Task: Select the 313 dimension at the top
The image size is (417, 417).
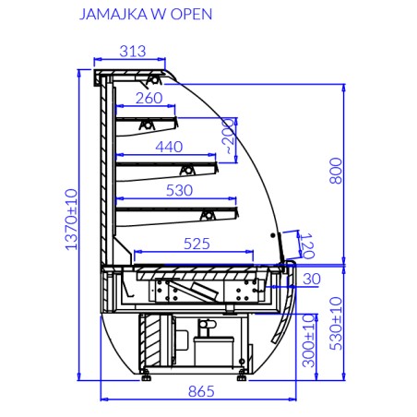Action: click(133, 52)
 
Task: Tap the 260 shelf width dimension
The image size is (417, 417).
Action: click(149, 99)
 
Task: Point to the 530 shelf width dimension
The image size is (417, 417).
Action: click(178, 191)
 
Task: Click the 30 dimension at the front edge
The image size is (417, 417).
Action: click(311, 279)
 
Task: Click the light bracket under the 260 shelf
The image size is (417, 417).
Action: click(145, 124)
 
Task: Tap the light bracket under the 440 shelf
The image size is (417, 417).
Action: click(186, 169)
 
